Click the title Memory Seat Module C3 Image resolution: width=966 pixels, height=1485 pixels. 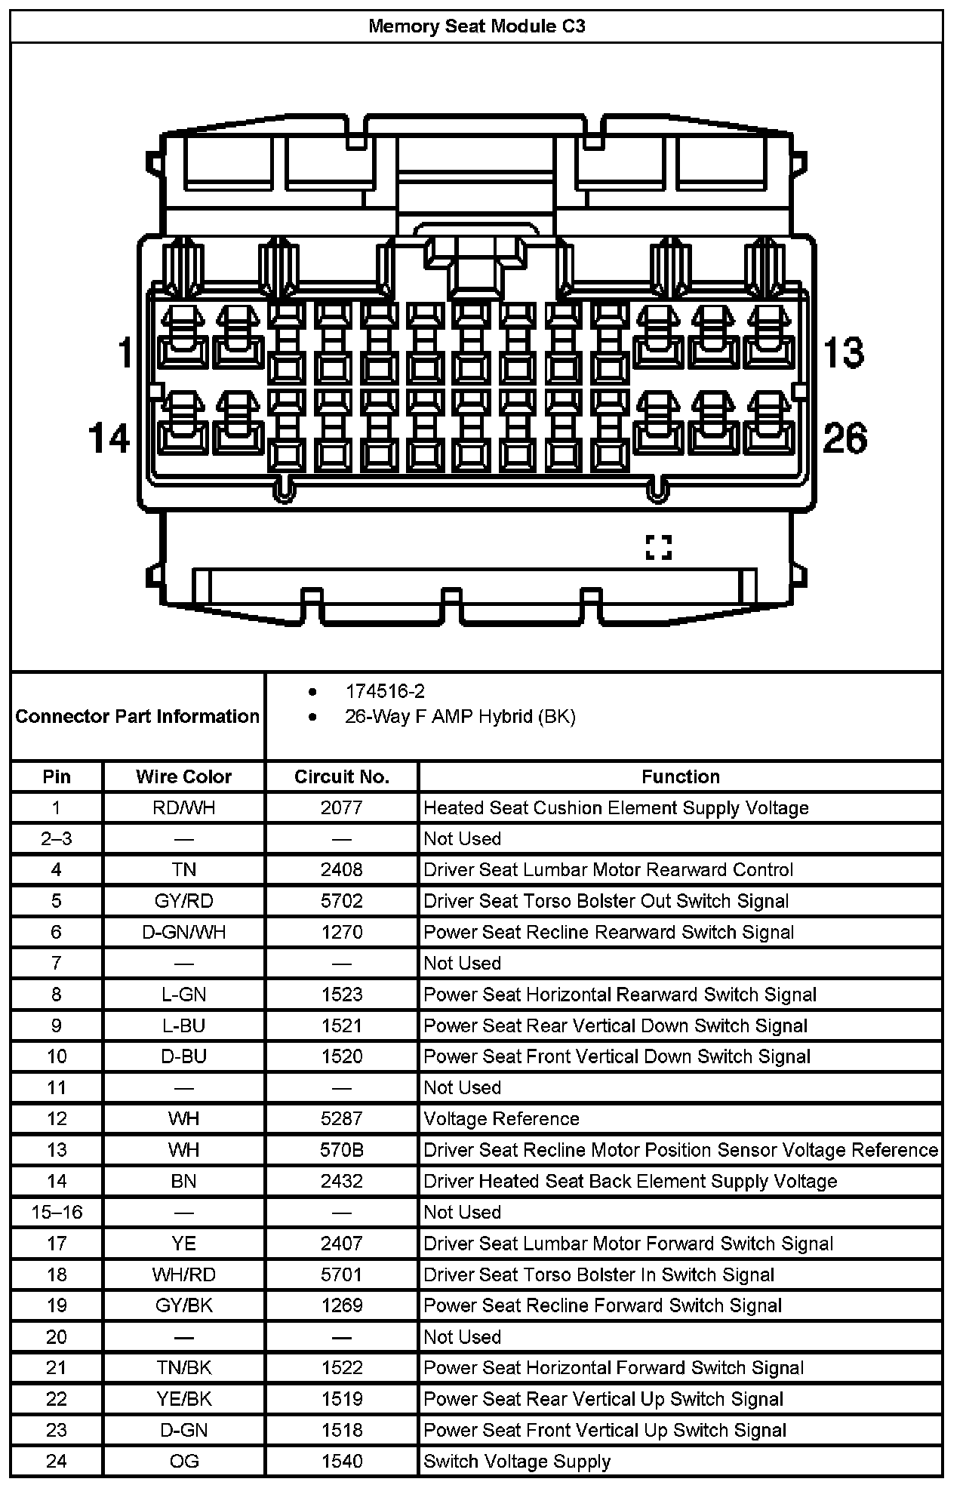click(x=476, y=26)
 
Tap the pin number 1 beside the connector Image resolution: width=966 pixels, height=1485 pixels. click(x=125, y=352)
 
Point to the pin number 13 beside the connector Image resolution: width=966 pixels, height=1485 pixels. click(x=843, y=352)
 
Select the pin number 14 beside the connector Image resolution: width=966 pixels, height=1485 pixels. click(x=109, y=438)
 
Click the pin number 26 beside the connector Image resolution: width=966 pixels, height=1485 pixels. click(x=844, y=438)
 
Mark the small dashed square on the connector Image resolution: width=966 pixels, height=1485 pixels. click(x=658, y=547)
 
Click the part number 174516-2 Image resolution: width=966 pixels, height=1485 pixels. click(x=385, y=691)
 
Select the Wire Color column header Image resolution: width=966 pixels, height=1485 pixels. click(x=183, y=776)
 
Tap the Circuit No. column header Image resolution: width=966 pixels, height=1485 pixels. click(x=342, y=776)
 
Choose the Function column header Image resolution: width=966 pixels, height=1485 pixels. click(x=681, y=776)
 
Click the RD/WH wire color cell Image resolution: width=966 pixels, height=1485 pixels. click(x=183, y=808)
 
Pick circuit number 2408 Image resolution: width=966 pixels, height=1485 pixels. click(x=342, y=870)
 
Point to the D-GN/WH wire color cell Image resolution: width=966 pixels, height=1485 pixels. click(x=183, y=932)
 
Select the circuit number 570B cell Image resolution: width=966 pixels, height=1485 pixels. click(x=342, y=1150)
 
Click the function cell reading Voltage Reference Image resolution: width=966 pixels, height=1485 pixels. click(x=501, y=1119)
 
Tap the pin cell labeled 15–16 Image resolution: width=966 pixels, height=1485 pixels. click(x=57, y=1213)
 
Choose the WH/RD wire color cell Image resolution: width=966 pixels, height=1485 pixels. click(x=183, y=1274)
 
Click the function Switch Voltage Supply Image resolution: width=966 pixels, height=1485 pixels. click(x=517, y=1462)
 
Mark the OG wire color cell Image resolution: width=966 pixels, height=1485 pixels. click(x=183, y=1462)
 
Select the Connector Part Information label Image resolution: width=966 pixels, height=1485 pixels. click(x=137, y=716)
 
